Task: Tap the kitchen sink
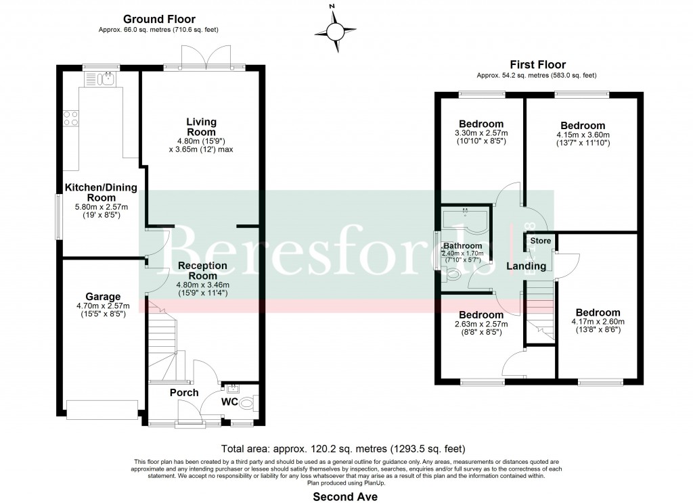(x=102, y=80)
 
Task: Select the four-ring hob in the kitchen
(x=70, y=119)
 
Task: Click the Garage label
(x=103, y=296)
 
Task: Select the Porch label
(x=184, y=393)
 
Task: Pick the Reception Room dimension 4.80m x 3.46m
(x=202, y=285)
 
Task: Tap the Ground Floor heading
(x=159, y=20)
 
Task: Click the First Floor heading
(x=537, y=64)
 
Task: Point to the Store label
(x=540, y=241)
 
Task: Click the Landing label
(x=526, y=266)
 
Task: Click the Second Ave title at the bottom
(x=345, y=496)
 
